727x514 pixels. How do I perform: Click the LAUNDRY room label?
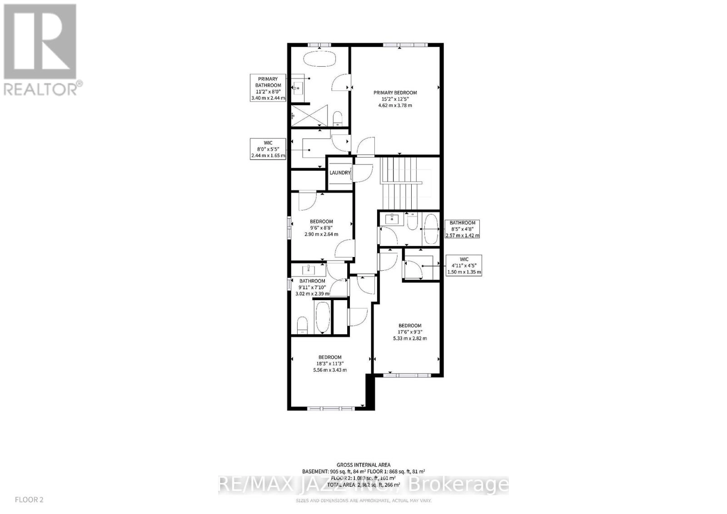[340, 173]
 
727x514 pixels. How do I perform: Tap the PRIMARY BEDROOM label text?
[395, 93]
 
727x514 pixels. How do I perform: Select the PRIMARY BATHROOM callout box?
[268, 88]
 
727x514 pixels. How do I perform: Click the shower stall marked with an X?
[309, 115]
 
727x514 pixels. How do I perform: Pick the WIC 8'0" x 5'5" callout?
[268, 149]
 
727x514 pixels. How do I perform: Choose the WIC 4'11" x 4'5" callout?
[464, 266]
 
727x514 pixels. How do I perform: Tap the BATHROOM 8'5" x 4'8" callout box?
[463, 229]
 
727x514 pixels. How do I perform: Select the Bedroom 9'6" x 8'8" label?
[321, 228]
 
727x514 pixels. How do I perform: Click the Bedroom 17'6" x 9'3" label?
[410, 332]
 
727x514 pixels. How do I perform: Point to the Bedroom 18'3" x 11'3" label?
[330, 363]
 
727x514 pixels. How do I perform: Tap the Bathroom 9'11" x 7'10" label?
[312, 287]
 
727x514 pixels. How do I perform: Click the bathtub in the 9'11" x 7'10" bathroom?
[322, 317]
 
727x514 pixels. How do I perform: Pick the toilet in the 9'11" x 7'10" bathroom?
[302, 325]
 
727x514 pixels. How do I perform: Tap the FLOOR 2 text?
[29, 500]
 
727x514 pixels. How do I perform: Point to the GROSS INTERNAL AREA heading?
[363, 465]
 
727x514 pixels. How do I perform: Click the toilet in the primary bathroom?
[338, 119]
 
